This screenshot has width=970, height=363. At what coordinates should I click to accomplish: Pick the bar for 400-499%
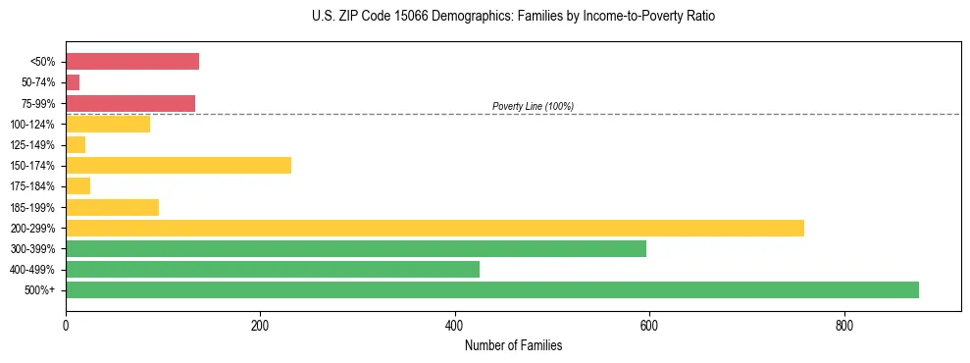273,269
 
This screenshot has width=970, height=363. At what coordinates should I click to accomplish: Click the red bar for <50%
132,61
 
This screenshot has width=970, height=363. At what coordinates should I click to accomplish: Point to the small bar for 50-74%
73,82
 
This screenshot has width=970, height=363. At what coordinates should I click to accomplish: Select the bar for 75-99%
130,103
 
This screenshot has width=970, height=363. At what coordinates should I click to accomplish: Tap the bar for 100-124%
108,124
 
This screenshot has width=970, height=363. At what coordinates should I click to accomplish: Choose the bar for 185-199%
112,207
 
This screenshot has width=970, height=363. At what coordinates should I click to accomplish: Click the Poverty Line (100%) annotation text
533,106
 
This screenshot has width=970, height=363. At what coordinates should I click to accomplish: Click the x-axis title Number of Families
513,346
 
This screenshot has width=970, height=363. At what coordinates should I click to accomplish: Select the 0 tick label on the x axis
66,326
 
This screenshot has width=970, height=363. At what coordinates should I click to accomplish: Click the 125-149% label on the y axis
32,145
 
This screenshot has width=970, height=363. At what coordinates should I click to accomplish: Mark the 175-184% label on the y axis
32,186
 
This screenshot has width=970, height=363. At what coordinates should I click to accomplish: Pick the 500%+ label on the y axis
40,290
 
